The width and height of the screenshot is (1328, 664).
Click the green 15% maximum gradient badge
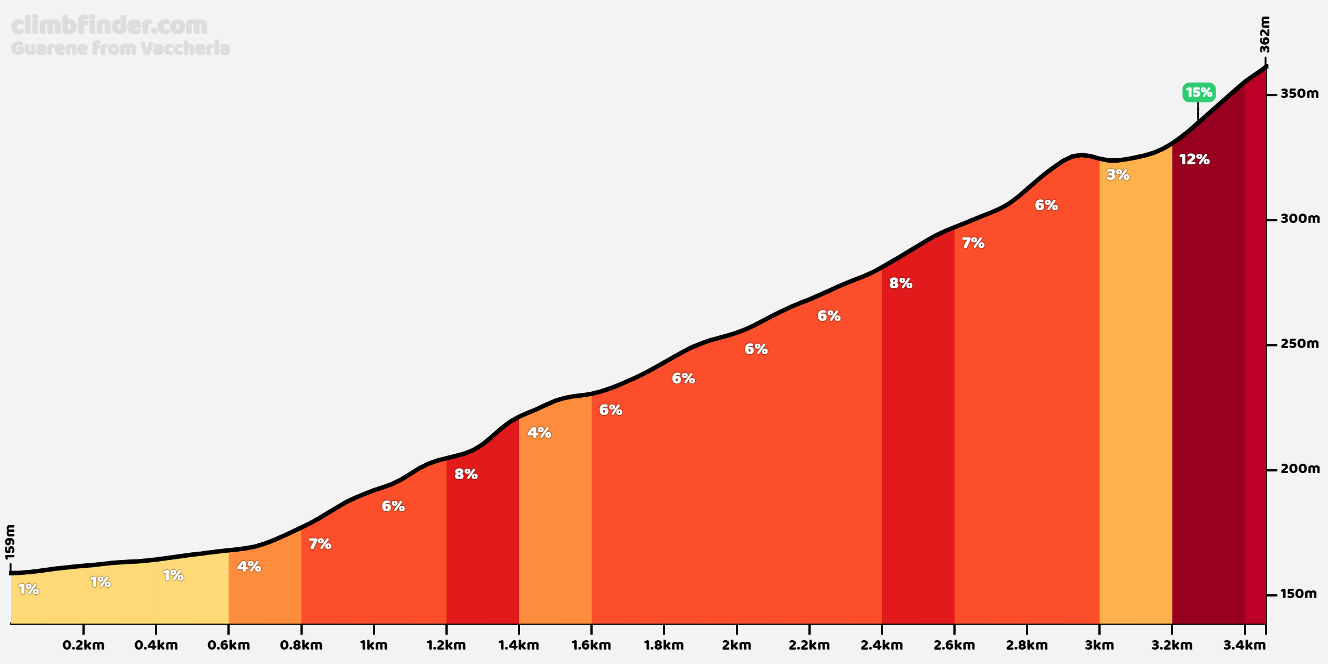pos(1199,92)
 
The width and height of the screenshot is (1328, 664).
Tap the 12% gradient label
pos(1194,159)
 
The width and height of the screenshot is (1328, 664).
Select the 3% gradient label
pos(1118,175)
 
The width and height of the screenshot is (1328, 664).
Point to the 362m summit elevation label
pos(1265,34)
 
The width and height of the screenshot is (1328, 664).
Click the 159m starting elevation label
pos(10,542)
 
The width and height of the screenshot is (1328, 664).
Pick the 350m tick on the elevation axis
pos(1299,94)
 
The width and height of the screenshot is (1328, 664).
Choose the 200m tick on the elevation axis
pos(1299,469)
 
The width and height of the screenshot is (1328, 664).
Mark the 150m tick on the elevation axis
pos(1298,594)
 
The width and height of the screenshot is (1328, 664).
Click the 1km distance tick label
pos(373,645)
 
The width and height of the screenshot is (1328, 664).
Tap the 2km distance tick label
pos(736,645)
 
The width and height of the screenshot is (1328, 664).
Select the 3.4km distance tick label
pos(1244,645)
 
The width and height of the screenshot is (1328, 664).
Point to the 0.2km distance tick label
pos(84,645)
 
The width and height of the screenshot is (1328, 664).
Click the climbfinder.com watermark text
pos(109,25)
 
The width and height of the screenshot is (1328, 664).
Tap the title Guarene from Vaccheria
pos(120,48)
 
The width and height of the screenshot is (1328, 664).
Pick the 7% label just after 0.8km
pos(320,544)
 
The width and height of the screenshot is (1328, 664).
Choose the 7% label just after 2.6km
pos(973,243)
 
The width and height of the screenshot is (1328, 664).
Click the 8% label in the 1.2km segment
pos(466,474)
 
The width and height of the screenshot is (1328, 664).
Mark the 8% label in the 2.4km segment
pos(900,283)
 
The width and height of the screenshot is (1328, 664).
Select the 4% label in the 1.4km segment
pos(539,433)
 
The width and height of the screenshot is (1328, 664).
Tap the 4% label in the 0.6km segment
pos(249,567)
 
